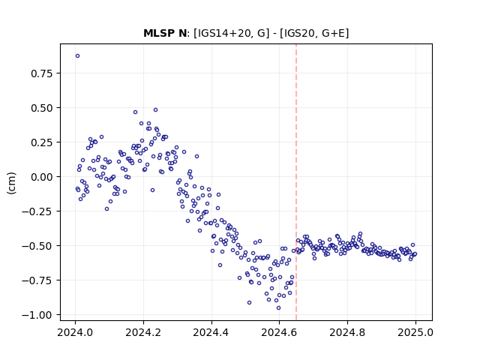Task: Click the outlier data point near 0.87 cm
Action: (77, 56)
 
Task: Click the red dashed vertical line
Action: (296, 182)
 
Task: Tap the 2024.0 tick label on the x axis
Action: (75, 332)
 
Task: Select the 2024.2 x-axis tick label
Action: (143, 332)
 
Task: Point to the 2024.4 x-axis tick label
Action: (211, 332)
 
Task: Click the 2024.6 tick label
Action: (279, 332)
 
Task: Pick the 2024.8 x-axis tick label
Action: (347, 332)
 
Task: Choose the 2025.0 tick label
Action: (415, 332)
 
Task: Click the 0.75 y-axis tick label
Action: (42, 73)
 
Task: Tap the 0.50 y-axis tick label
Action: (42, 108)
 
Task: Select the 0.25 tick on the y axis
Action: (42, 142)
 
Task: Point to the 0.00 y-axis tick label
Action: (42, 177)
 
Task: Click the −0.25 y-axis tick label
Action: (37, 211)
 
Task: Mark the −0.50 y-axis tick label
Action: (37, 246)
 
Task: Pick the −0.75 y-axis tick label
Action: (37, 280)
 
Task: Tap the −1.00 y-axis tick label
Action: (37, 315)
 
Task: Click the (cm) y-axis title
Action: (12, 183)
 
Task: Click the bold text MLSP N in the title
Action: (165, 33)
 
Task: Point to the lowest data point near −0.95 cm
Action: (278, 308)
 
